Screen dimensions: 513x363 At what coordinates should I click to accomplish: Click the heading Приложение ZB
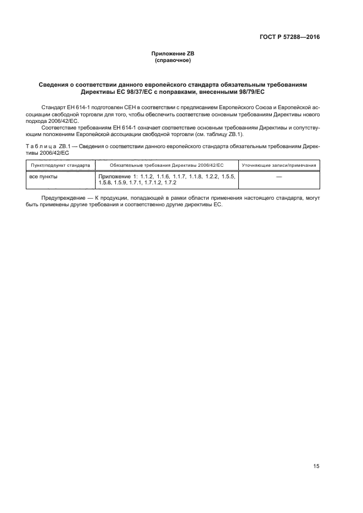(x=173, y=54)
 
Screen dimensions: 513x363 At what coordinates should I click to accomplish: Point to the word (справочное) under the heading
(x=173, y=60)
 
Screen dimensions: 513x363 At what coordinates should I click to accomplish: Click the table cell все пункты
(x=43, y=177)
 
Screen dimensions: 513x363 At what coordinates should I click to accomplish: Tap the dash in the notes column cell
(x=279, y=177)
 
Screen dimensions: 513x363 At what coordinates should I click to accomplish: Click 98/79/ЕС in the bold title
(x=250, y=92)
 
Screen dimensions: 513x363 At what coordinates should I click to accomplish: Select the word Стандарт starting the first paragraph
(x=53, y=105)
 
